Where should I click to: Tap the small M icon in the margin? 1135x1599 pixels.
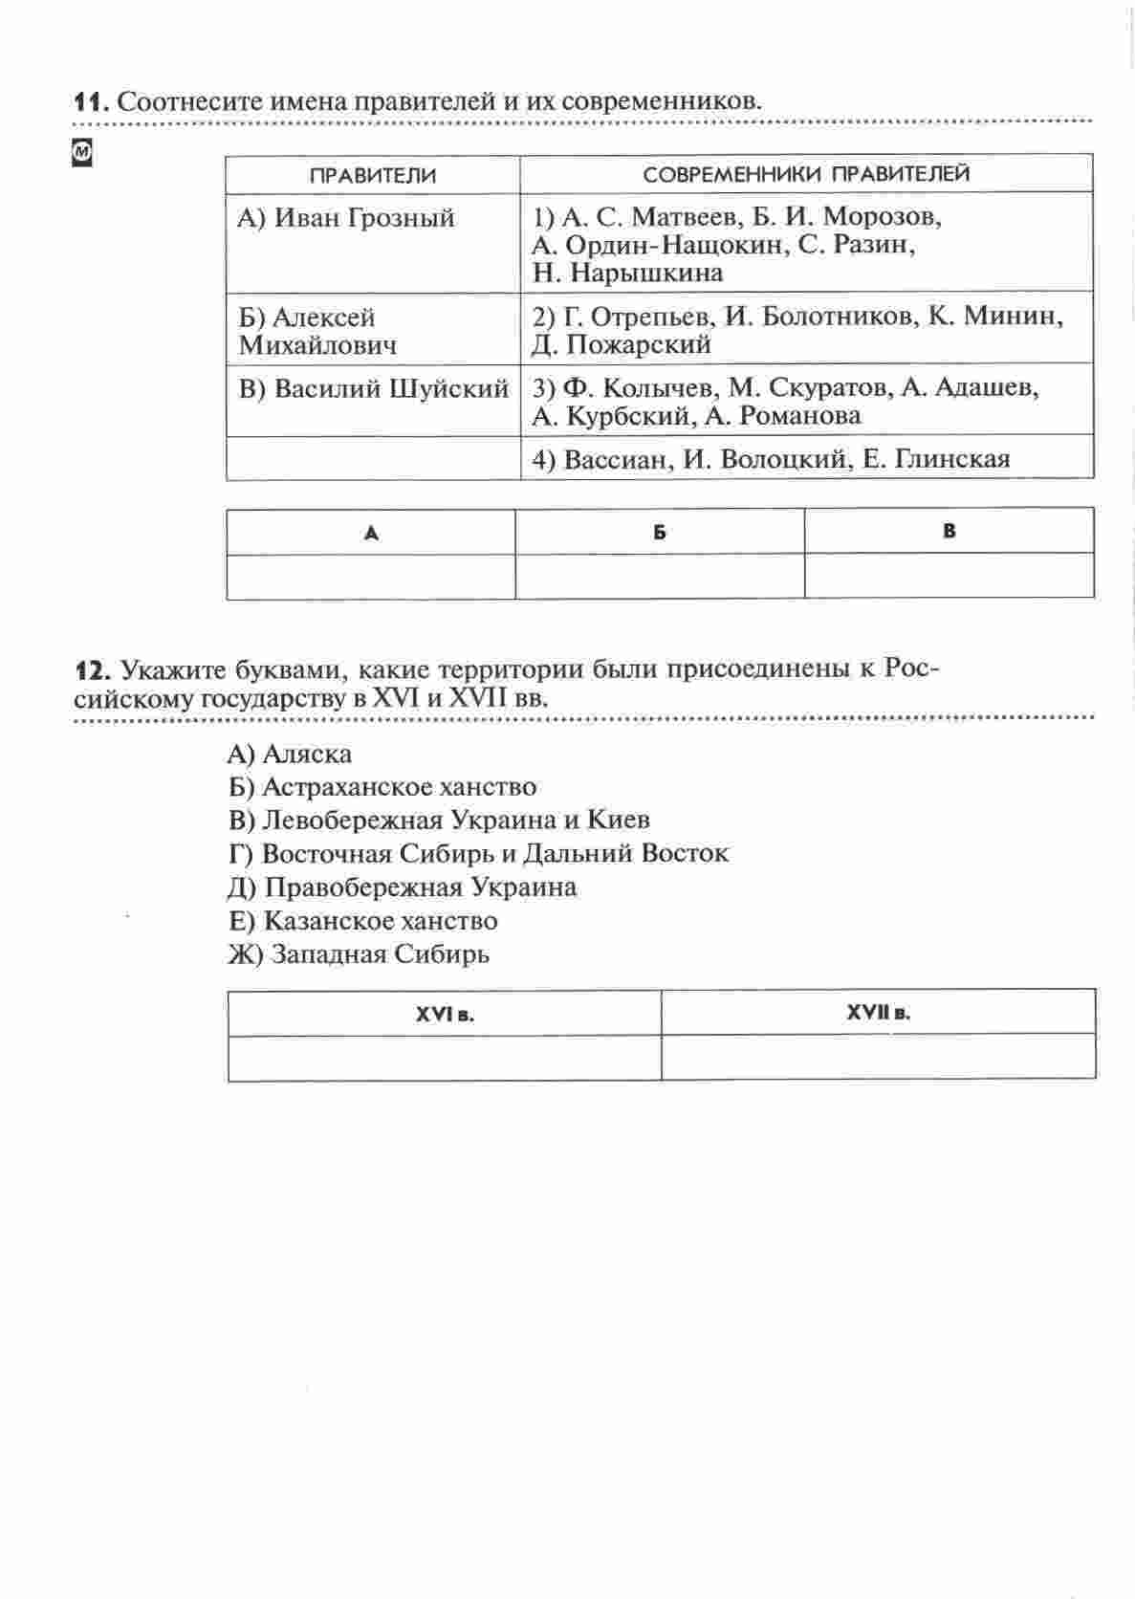click(83, 153)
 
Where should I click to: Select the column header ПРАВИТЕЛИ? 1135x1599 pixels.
click(373, 175)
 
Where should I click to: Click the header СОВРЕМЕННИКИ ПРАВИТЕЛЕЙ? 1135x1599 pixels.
click(806, 174)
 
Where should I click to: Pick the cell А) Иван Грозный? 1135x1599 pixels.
click(346, 218)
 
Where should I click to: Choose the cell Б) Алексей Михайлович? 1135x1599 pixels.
click(317, 331)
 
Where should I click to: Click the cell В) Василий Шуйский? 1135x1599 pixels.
click(373, 389)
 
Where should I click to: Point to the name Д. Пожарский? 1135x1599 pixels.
click(622, 344)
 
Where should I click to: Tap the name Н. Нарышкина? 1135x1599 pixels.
click(627, 274)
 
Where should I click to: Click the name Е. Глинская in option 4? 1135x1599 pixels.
click(936, 460)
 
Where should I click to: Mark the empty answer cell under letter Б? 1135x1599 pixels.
click(660, 577)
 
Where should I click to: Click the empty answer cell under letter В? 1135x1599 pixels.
click(949, 577)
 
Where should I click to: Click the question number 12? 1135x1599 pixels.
click(93, 668)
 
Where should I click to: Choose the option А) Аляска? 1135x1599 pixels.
click(290, 755)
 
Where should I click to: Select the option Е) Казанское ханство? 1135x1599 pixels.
click(362, 921)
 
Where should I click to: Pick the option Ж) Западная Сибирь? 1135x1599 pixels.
click(359, 954)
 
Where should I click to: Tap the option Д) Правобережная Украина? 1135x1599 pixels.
click(402, 887)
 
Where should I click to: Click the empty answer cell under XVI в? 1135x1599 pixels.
click(445, 1058)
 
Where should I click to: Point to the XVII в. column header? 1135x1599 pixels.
click(878, 1013)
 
